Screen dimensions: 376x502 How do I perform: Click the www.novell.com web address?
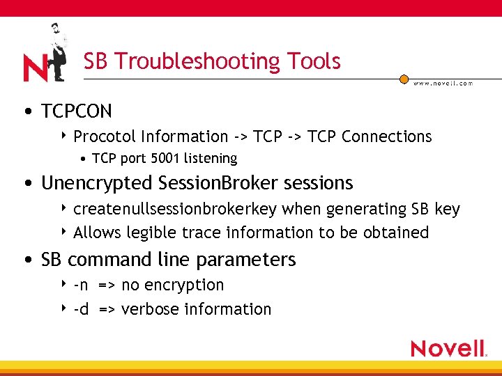pos(443,83)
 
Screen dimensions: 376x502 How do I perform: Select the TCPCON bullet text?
pos(77,111)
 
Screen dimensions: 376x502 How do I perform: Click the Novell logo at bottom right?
pos(448,348)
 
